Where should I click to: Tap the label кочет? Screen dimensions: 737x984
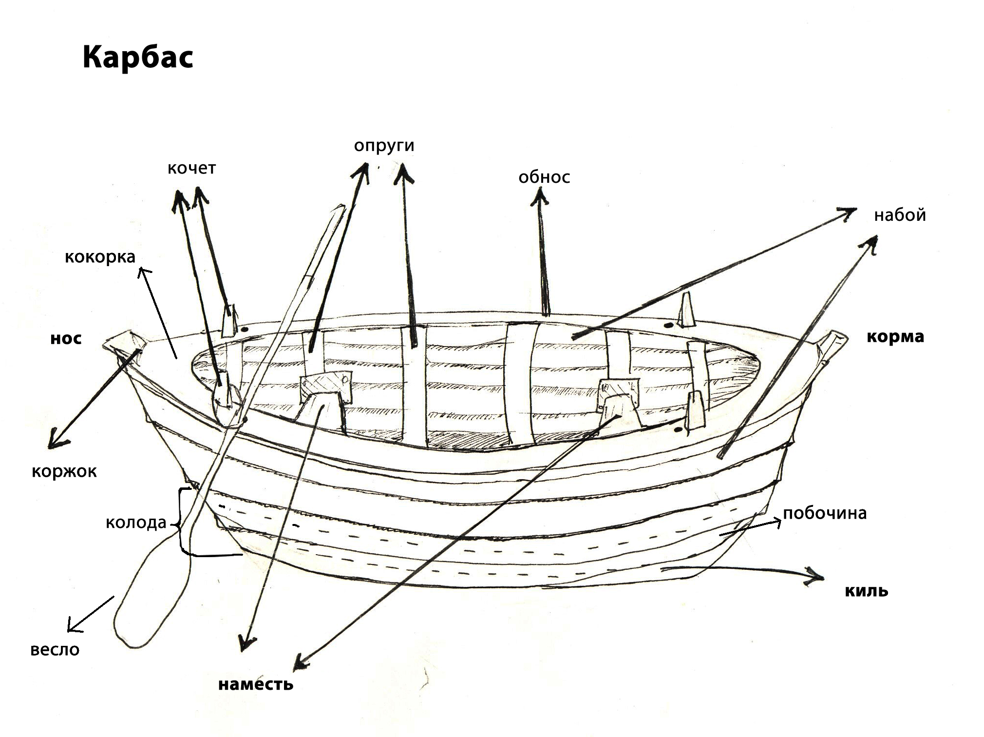pyautogui.click(x=191, y=168)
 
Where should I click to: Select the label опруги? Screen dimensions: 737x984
pyautogui.click(x=384, y=145)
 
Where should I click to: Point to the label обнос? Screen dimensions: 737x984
pyautogui.click(x=544, y=177)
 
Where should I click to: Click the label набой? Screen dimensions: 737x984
pyautogui.click(x=899, y=215)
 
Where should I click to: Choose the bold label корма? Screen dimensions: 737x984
pyautogui.click(x=895, y=337)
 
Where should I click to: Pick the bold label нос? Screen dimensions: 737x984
pyautogui.click(x=66, y=338)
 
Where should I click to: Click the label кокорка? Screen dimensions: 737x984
pyautogui.click(x=100, y=257)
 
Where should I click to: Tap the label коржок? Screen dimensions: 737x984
pyautogui.click(x=64, y=471)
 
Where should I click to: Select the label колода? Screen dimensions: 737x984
pyautogui.click(x=136, y=523)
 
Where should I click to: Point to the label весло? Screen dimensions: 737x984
pyautogui.click(x=55, y=650)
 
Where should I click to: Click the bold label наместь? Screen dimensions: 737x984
pyautogui.click(x=256, y=684)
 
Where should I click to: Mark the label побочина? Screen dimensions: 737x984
pyautogui.click(x=825, y=513)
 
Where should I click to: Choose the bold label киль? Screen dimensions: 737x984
pyautogui.click(x=866, y=591)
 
